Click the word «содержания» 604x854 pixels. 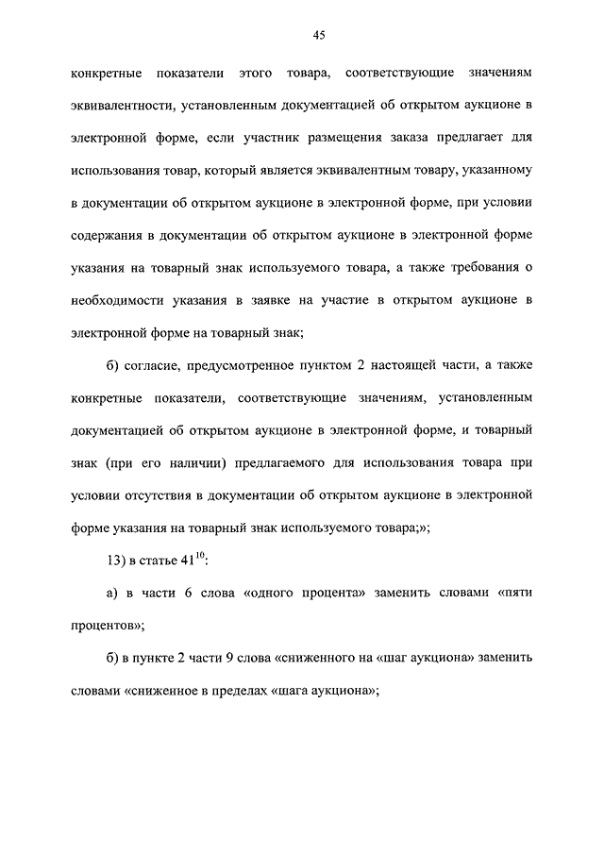pyautogui.click(x=107, y=235)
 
